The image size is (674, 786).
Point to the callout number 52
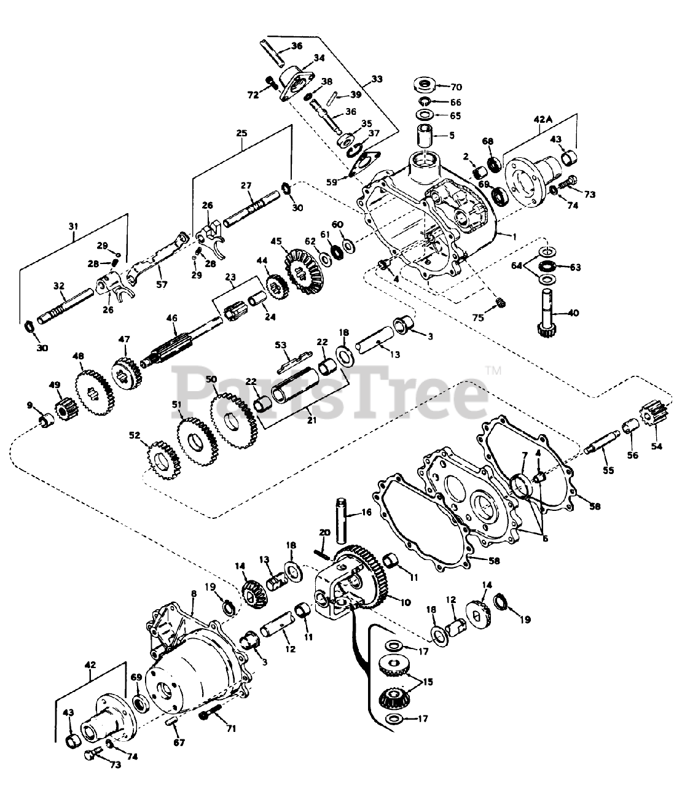pyautogui.click(x=135, y=435)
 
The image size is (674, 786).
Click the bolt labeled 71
pyautogui.click(x=210, y=716)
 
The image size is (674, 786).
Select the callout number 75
pyautogui.click(x=479, y=318)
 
